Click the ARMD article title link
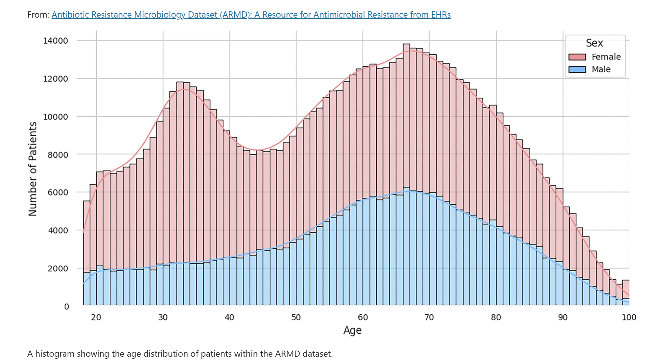pos(251,15)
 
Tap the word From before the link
pos(38,15)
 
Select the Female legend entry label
pos(606,57)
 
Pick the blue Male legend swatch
pos(577,69)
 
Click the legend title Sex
pos(594,43)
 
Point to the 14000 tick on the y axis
pos(55,41)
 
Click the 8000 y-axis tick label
pos(58,155)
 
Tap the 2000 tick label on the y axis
pos(58,269)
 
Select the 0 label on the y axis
pos(67,307)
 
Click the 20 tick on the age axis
pos(96,317)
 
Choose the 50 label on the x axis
pos(296,317)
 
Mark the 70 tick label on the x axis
pos(429,317)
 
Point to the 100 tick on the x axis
pos(629,317)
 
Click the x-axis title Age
pos(352,330)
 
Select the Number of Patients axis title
pos(32,169)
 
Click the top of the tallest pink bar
pos(406,44)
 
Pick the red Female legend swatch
pos(577,57)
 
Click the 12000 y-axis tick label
pos(55,79)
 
